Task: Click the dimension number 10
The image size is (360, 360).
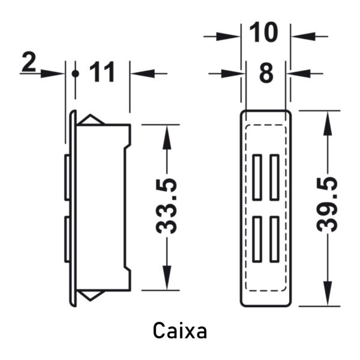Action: (263, 32)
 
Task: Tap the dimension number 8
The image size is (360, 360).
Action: (266, 73)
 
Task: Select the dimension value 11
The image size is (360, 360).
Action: (102, 72)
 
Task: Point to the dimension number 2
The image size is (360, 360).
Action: (29, 62)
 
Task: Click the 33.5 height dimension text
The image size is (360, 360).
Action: (166, 205)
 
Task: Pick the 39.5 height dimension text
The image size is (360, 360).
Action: (327, 205)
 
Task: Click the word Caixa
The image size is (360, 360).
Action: (180, 330)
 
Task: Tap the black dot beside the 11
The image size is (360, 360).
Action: (75, 74)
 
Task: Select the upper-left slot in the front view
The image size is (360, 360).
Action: (257, 177)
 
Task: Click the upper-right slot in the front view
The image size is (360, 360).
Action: (274, 177)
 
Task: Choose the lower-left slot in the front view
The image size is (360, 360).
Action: (257, 239)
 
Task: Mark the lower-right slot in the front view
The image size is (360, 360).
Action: (274, 239)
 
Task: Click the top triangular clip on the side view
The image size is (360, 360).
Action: (91, 119)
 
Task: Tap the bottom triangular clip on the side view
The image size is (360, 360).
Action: (90, 295)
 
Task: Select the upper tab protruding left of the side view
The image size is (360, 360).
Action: (67, 177)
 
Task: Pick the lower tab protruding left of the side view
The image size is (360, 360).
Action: (67, 239)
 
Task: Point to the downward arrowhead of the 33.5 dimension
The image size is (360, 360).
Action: (167, 277)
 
